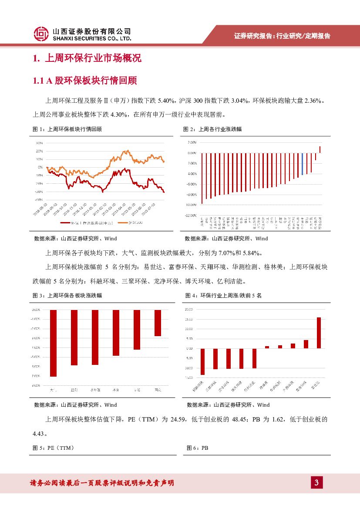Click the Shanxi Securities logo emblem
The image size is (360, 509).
point(41,34)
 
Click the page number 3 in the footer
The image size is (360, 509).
point(317,482)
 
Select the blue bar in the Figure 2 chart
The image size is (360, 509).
point(303,164)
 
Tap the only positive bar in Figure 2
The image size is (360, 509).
point(320,149)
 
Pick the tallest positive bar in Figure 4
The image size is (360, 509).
point(319,333)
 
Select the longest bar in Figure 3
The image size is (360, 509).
point(53,343)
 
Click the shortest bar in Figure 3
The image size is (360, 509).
point(158,323)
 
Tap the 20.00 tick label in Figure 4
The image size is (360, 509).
point(189,309)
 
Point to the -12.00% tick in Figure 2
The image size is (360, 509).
point(191,215)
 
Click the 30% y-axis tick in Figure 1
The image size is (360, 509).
point(39,143)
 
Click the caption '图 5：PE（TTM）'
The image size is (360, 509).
point(54,448)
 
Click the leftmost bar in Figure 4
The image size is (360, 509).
point(202,361)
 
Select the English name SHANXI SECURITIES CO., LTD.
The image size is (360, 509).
point(91,38)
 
